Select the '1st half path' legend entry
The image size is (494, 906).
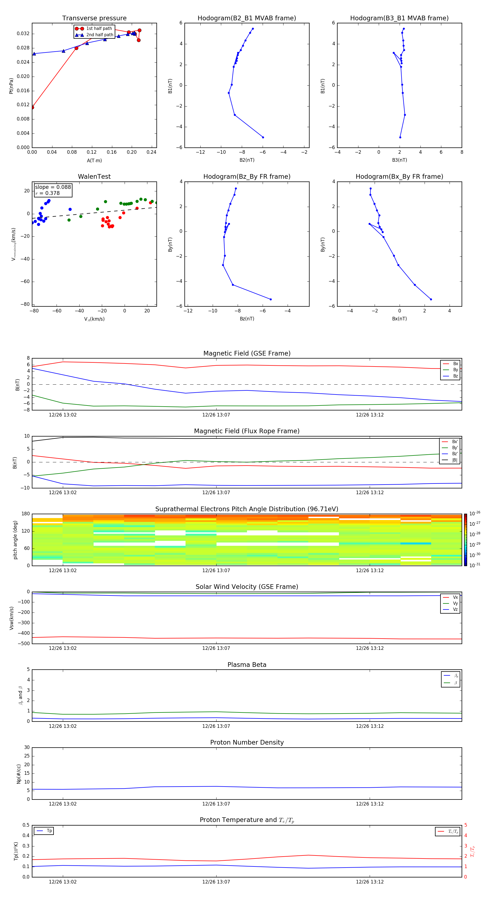coord(99,29)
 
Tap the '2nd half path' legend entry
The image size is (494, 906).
coord(100,35)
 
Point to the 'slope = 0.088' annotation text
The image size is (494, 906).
coord(53,187)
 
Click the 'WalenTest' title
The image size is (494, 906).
coord(94,177)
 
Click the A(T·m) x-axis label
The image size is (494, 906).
coord(94,161)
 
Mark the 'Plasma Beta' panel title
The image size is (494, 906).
coord(247,665)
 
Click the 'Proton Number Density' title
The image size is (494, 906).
coord(247,742)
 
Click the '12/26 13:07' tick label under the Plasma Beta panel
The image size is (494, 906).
coord(216,726)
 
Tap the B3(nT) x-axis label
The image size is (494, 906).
coord(399,160)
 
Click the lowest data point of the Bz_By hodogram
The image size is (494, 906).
coord(270,299)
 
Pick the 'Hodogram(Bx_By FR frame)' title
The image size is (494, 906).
coord(399,177)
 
